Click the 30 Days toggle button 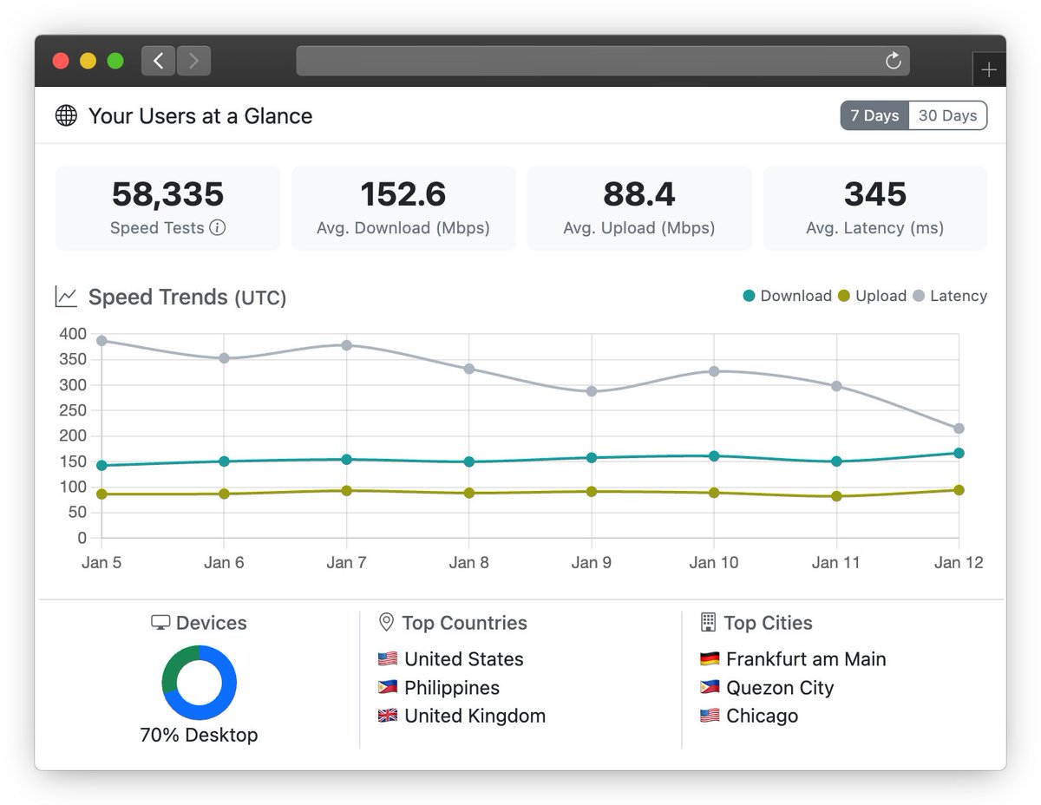coord(947,115)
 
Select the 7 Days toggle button coord(874,115)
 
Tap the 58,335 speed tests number coord(167,194)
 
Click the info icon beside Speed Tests coord(218,228)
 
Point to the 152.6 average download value coord(403,194)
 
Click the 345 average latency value coord(874,194)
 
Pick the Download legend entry coord(787,296)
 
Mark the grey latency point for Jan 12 coord(959,429)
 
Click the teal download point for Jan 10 coord(714,456)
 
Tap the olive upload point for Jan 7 coord(347,491)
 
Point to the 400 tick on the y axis coord(73,334)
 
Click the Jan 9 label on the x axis coord(591,563)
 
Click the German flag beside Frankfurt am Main coord(710,659)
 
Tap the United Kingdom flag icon coord(388,717)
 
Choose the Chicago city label coord(762,717)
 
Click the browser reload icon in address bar coord(893,61)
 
